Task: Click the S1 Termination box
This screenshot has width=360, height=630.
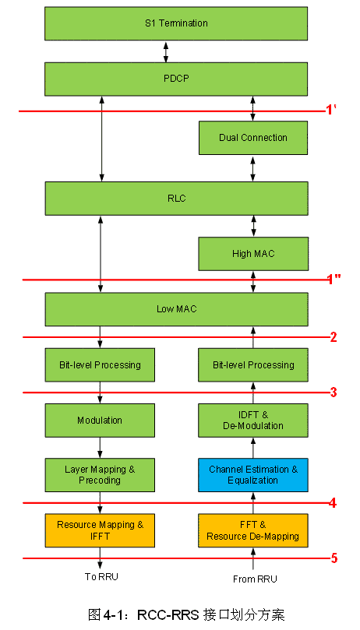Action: [176, 23]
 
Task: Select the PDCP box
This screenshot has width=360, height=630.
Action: [176, 79]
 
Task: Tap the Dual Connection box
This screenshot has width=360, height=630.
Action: [253, 138]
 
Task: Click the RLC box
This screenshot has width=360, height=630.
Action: [176, 199]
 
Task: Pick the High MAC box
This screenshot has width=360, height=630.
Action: [253, 254]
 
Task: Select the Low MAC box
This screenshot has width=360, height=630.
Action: [176, 309]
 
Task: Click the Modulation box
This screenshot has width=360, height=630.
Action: [100, 421]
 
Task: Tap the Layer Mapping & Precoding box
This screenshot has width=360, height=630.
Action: [100, 475]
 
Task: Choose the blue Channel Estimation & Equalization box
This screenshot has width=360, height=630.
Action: [253, 475]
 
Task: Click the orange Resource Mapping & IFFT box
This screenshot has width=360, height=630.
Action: [100, 530]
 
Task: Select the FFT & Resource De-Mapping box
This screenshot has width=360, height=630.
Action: [253, 530]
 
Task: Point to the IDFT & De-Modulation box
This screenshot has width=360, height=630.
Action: [253, 421]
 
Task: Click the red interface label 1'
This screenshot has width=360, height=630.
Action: [331, 111]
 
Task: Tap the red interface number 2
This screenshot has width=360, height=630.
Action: [333, 337]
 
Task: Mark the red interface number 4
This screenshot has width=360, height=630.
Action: [333, 502]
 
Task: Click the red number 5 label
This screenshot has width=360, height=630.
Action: [334, 558]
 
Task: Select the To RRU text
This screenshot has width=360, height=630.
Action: [102, 577]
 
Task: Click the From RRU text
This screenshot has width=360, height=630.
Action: [255, 579]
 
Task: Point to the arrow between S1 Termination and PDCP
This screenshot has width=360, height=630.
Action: [165, 51]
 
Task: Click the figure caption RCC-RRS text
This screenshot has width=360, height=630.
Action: [168, 614]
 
